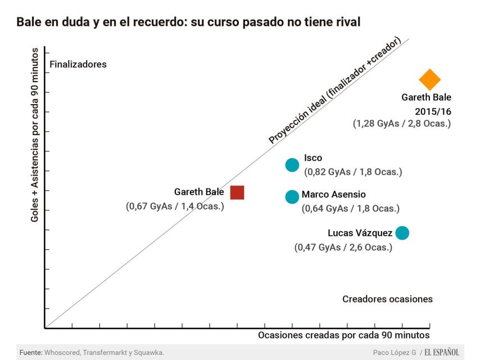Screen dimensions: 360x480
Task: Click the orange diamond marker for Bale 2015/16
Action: pyautogui.click(x=429, y=80)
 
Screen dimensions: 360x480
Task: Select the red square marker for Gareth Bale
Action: pyautogui.click(x=237, y=192)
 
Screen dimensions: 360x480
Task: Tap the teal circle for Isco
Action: pyautogui.click(x=292, y=165)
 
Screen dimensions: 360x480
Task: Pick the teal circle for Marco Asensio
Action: pyautogui.click(x=292, y=197)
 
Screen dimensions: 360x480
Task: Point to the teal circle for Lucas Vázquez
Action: pyautogui.click(x=402, y=233)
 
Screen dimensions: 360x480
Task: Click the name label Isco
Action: pyautogui.click(x=313, y=158)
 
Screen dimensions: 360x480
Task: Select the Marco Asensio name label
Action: pyautogui.click(x=333, y=195)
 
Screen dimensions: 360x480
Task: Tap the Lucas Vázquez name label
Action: pyautogui.click(x=360, y=233)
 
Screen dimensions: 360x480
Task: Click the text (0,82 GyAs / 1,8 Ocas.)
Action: pyautogui.click(x=353, y=172)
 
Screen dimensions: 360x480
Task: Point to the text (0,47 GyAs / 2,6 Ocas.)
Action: pyautogui.click(x=343, y=247)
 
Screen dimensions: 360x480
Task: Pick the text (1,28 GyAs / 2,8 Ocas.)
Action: pyautogui.click(x=402, y=123)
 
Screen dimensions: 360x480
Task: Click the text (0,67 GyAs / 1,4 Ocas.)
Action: pyautogui.click(x=175, y=206)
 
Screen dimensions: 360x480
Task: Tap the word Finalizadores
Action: pyautogui.click(x=78, y=64)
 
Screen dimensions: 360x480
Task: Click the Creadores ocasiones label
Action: pyautogui.click(x=387, y=299)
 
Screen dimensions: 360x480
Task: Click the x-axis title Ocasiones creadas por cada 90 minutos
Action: pyautogui.click(x=343, y=335)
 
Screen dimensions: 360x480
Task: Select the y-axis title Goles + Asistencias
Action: pyautogui.click(x=35, y=138)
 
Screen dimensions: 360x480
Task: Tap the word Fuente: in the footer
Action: pyautogui.click(x=31, y=353)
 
